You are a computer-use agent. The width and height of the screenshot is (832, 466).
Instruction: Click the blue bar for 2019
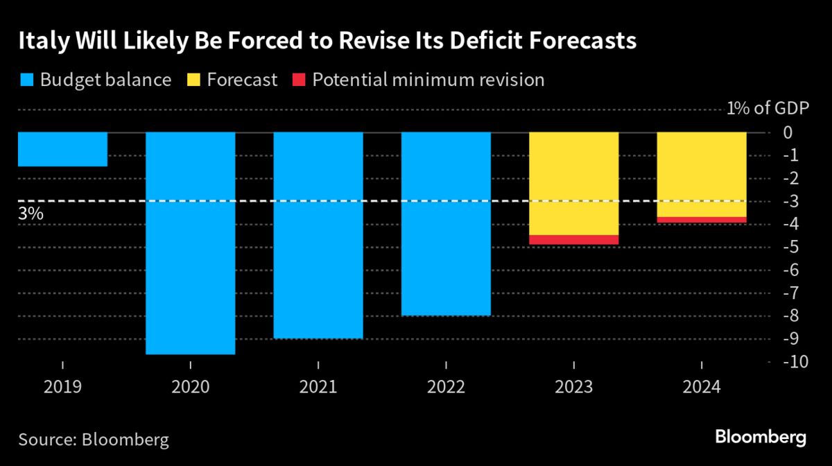click(62, 149)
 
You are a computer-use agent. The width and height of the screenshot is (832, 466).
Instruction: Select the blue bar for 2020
click(190, 243)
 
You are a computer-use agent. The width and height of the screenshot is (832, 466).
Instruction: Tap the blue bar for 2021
click(318, 235)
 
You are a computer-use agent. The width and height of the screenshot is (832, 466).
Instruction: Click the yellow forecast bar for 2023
click(573, 184)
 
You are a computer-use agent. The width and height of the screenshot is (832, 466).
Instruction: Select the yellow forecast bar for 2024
click(702, 174)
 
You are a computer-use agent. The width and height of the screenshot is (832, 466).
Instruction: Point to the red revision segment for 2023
click(573, 240)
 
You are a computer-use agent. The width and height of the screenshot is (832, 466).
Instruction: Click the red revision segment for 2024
click(702, 220)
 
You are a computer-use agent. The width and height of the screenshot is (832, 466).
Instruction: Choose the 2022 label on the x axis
click(446, 386)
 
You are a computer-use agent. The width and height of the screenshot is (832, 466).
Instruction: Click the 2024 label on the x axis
click(702, 386)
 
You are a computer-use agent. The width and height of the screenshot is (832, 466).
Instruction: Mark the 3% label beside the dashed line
click(31, 214)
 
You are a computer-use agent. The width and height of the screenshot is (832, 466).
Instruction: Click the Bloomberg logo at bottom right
click(761, 438)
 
